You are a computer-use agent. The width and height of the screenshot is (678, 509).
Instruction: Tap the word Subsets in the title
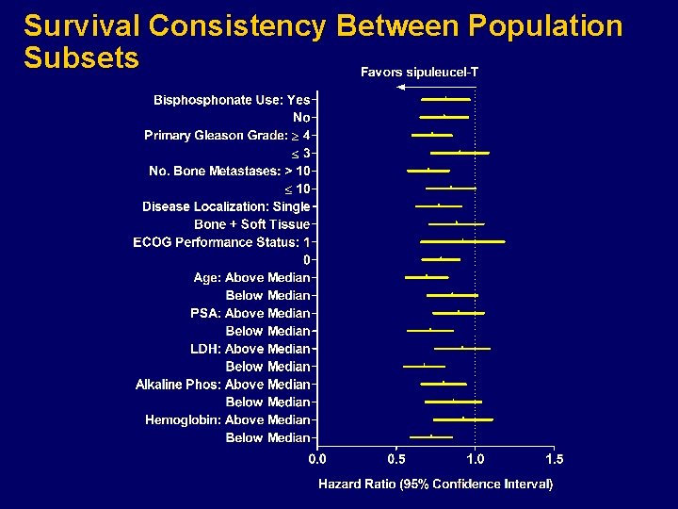click(81, 57)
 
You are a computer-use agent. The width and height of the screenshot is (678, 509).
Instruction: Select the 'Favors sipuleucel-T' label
click(419, 73)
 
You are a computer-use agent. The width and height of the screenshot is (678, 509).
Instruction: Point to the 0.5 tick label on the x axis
click(396, 459)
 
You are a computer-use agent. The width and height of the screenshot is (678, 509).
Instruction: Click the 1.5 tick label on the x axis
click(554, 459)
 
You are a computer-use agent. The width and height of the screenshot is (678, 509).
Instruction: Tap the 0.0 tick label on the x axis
click(318, 459)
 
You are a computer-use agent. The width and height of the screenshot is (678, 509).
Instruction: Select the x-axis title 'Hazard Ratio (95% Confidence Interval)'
click(435, 484)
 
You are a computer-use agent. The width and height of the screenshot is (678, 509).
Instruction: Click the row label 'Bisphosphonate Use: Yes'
click(233, 99)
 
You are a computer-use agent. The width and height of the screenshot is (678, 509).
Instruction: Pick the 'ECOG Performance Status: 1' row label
click(221, 242)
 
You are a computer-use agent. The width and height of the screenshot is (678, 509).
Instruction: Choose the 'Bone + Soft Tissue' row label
click(251, 224)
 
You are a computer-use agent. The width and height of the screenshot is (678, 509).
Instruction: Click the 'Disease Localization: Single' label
click(226, 206)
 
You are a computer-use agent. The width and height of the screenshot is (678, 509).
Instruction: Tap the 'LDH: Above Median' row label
click(250, 349)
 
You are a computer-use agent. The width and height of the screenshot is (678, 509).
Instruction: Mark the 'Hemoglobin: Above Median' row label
click(227, 420)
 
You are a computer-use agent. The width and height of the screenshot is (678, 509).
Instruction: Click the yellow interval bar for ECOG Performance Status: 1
click(462, 242)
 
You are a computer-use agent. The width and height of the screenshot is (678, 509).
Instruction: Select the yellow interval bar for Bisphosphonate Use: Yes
click(445, 99)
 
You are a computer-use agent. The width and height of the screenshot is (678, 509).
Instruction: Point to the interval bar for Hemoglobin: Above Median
click(462, 419)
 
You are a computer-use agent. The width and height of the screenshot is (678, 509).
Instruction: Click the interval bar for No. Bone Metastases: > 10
click(428, 171)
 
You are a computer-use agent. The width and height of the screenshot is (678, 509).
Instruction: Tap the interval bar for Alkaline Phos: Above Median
click(444, 384)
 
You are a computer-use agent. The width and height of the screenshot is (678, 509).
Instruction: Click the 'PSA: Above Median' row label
click(250, 313)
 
